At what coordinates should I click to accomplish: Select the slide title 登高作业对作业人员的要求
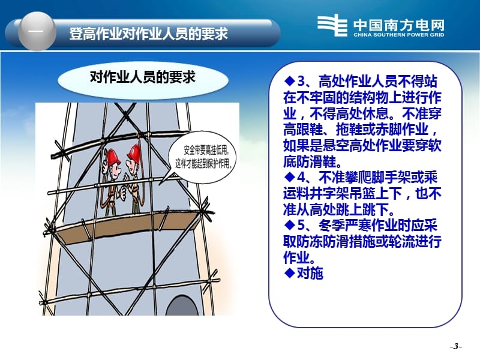point(148,33)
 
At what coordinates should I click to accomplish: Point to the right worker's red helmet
point(133,154)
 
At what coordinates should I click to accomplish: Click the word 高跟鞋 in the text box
point(305,130)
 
